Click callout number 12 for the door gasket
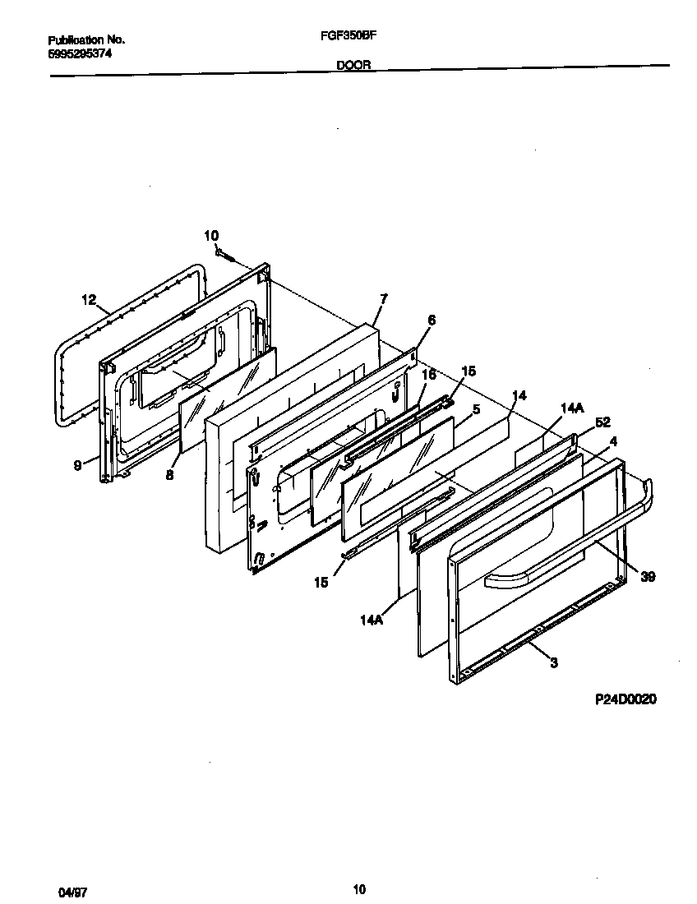[90, 300]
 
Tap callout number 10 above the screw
[211, 237]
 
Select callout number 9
[77, 465]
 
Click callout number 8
[169, 474]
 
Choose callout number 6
[431, 321]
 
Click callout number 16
[427, 375]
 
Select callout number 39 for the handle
[648, 577]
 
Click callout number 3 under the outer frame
[554, 662]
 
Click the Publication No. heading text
[85, 39]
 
